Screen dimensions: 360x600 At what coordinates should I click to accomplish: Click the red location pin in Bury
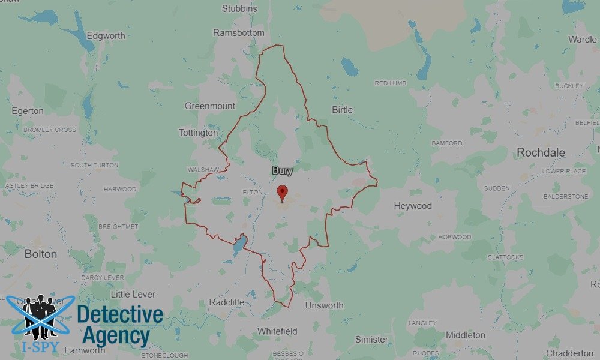282,193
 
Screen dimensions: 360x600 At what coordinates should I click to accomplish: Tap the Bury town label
283,171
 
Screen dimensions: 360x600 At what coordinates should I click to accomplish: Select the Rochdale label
541,152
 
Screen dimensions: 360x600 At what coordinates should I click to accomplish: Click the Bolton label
41,254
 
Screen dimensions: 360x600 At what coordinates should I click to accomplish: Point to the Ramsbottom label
238,33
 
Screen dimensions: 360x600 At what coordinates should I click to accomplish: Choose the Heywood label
413,206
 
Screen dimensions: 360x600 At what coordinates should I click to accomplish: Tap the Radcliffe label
227,302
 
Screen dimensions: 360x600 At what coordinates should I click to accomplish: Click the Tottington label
199,133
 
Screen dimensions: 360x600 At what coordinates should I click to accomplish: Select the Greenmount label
210,106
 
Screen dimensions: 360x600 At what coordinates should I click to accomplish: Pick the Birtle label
342,110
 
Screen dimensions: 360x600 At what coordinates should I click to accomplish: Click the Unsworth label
324,305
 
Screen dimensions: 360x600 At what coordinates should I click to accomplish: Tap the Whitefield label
277,331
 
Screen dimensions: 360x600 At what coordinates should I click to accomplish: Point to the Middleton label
466,335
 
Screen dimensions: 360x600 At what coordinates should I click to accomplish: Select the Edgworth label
106,35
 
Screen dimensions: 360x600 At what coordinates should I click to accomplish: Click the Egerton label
28,111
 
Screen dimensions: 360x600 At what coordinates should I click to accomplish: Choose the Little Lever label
133,295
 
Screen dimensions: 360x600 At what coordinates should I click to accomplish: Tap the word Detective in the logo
120,315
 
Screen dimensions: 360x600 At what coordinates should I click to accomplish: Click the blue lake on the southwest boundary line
239,245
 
